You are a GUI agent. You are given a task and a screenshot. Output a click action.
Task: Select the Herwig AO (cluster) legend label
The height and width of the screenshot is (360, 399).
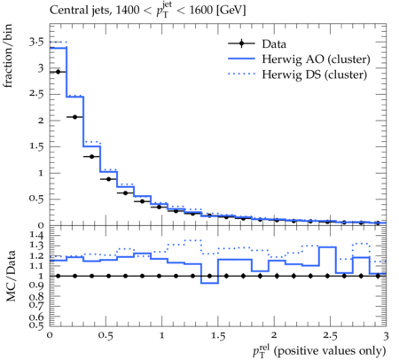316,59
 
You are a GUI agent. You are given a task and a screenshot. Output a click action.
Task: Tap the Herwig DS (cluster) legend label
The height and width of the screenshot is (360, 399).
315,74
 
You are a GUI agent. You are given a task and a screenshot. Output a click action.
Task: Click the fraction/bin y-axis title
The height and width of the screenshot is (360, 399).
8,56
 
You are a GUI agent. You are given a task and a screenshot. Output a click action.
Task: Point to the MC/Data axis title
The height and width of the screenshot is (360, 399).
11,276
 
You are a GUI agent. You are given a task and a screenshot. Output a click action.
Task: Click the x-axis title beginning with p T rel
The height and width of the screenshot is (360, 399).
319,351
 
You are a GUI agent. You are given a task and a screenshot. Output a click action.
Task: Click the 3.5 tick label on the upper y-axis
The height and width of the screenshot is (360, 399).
36,43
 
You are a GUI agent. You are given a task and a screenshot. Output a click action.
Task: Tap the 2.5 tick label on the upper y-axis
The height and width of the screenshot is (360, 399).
36,94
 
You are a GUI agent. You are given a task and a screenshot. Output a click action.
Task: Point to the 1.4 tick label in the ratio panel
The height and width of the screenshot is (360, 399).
37,236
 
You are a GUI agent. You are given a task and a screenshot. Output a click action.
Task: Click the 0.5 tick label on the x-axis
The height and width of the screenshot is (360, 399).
106,336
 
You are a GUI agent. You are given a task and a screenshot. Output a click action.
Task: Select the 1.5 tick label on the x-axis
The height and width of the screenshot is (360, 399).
218,336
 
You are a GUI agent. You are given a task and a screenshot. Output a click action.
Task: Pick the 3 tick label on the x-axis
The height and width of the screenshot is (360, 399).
386,336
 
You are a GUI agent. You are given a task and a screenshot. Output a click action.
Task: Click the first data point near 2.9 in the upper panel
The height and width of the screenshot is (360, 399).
58,72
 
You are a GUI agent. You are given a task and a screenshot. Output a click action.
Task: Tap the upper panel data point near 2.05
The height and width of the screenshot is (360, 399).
74,117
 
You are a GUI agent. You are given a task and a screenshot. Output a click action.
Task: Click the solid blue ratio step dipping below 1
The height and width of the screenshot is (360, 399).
209,283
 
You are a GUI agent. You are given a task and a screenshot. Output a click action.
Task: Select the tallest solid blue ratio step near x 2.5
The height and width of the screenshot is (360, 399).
327,247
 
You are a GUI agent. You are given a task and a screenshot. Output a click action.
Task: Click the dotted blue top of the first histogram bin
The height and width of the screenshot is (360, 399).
59,43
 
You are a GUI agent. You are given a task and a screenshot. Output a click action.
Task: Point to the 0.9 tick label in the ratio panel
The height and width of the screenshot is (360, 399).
37,286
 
